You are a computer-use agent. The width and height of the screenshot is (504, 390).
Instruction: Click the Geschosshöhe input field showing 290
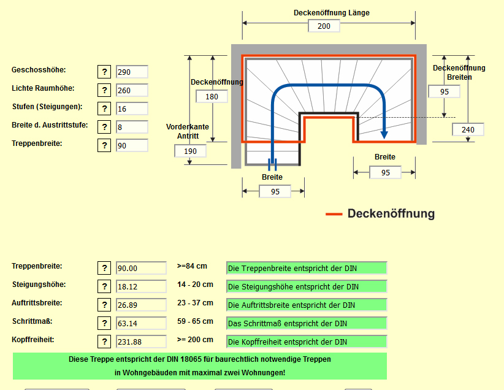click(132, 72)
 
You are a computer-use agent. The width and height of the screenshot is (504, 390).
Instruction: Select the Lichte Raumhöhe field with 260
click(132, 90)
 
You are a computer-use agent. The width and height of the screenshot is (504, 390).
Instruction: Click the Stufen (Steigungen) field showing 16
click(132, 109)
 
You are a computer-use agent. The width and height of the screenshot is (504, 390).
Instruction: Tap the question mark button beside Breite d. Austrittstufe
click(104, 127)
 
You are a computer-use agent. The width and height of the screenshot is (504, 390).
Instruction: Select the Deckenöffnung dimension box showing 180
click(212, 96)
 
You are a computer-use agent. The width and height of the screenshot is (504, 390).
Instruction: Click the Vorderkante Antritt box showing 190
click(190, 151)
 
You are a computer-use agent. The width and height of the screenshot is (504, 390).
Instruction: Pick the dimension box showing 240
click(468, 129)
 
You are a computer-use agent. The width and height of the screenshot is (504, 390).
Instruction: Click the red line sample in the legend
click(334, 214)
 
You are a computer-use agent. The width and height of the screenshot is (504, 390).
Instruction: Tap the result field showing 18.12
click(141, 286)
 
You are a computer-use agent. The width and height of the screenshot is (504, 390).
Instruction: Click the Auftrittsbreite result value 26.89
click(141, 305)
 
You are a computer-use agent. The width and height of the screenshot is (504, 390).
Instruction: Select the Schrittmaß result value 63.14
click(141, 323)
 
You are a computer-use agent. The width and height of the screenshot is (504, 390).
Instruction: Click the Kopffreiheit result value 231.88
click(141, 342)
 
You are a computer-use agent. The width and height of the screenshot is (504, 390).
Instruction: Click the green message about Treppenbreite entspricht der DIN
click(307, 268)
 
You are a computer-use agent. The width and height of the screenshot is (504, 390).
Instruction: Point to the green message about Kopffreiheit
click(307, 342)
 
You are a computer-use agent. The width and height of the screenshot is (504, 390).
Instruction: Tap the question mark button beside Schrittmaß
click(104, 323)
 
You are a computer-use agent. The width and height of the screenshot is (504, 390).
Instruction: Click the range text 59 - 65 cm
click(195, 321)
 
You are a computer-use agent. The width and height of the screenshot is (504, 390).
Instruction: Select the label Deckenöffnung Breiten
click(459, 72)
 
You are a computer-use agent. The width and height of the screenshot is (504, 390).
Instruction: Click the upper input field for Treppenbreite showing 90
click(132, 145)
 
